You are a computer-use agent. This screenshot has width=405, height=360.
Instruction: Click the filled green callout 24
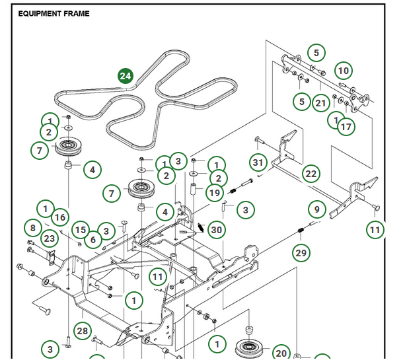pos(126,76)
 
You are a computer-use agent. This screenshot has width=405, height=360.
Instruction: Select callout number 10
pos(343,71)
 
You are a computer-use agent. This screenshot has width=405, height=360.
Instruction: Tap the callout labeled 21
pos(321,103)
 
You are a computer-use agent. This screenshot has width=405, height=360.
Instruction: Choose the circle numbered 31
pos(258,162)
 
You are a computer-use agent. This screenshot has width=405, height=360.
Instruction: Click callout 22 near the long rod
pos(311,174)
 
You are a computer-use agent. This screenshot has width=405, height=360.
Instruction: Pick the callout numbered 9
pos(317,210)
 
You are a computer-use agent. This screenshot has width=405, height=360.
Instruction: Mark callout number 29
pos(301,253)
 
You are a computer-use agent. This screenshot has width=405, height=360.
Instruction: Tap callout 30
pos(216,230)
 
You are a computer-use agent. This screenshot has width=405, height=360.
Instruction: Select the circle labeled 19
pos(213,193)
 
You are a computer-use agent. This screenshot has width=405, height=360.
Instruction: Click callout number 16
pos(59,217)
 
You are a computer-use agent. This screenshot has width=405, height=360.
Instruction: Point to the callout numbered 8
pos(32,228)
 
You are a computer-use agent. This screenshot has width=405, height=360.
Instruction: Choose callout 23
pos(50,238)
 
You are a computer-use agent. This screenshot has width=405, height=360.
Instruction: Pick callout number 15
pos(80,229)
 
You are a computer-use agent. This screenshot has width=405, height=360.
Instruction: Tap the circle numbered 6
pos(92,240)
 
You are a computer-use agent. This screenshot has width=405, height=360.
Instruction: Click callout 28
pos(83,330)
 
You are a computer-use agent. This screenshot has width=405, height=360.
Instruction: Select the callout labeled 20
pos(281,353)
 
